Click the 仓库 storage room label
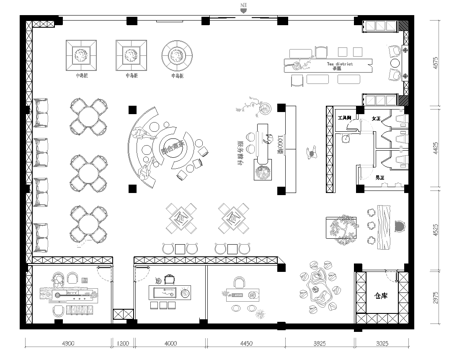click(x=380, y=296)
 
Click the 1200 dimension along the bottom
click(x=122, y=345)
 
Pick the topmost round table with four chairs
click(x=89, y=116)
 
